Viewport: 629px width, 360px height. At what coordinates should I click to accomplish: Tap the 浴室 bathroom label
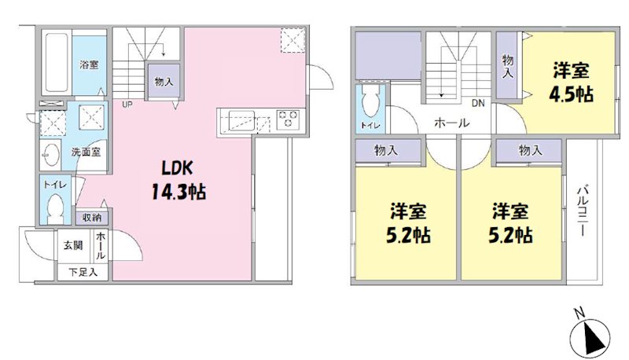coord(89,65)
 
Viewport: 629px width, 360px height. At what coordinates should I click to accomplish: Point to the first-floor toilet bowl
coord(55,207)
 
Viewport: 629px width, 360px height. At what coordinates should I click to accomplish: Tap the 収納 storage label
coord(92,217)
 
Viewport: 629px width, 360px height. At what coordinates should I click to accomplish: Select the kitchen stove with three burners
coord(288,119)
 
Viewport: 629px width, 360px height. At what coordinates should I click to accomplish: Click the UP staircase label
coord(126,103)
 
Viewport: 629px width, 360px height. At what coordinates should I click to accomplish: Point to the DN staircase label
coord(478,103)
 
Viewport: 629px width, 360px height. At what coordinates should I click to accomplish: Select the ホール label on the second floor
coord(451,123)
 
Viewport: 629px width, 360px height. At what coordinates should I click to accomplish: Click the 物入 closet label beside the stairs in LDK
coord(164,81)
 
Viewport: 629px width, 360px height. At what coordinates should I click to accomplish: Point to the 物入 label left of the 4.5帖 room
coord(507,65)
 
